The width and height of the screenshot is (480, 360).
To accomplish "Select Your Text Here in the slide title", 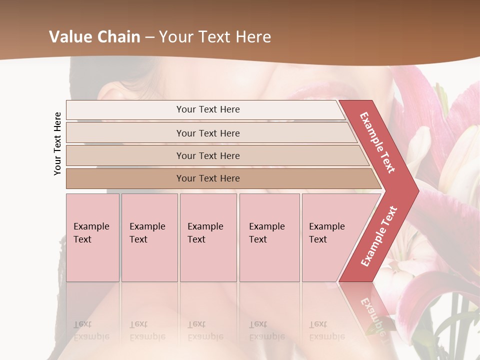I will click(x=215, y=37).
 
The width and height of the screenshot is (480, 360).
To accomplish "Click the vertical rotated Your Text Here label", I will click(x=57, y=143).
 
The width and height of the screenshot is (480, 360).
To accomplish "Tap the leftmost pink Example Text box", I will click(x=92, y=237).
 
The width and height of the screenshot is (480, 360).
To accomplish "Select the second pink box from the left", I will click(x=149, y=237).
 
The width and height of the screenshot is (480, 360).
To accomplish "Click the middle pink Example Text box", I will click(x=208, y=237).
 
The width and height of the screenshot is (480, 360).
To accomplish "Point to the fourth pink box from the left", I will click(x=269, y=237).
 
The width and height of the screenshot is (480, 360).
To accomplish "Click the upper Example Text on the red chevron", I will click(x=377, y=142).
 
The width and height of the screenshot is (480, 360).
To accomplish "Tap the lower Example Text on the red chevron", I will click(x=379, y=236).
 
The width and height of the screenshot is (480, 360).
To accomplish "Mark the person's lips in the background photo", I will click(x=320, y=95).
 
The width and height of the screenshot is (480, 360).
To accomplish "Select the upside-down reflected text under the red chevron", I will click(x=372, y=315).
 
